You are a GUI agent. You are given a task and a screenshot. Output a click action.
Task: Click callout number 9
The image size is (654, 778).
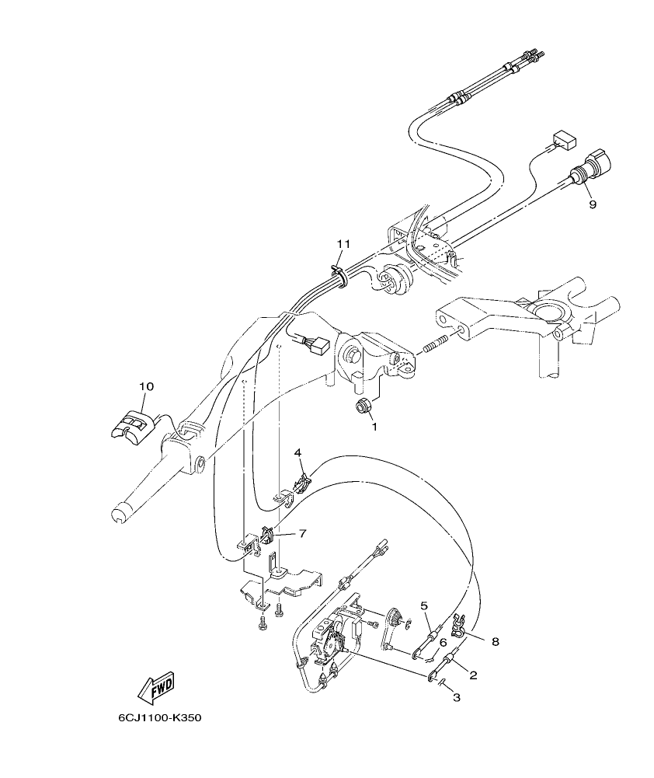(593, 204)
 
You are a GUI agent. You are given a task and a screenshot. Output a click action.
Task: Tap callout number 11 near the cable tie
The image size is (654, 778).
(343, 244)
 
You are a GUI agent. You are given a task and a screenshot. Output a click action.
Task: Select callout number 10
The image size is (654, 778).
(147, 386)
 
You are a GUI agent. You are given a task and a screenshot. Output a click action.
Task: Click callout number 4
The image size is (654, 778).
(297, 452)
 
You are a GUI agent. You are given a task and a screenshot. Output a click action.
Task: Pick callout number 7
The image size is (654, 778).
(302, 533)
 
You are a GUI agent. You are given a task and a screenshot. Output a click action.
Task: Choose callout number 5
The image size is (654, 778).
(424, 605)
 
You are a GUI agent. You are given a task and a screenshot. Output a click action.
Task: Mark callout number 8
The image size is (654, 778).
(495, 642)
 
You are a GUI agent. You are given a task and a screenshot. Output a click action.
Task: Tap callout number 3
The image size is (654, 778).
(457, 697)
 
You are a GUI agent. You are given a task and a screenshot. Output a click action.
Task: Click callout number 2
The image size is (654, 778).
(473, 675)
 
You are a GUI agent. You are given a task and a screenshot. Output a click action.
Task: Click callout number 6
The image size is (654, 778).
(443, 642)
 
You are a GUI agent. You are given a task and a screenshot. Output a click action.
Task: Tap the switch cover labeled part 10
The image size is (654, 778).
(132, 426)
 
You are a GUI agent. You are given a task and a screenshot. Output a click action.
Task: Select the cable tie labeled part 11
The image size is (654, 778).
(339, 272)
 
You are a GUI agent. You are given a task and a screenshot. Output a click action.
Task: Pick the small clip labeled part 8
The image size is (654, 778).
(458, 622)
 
